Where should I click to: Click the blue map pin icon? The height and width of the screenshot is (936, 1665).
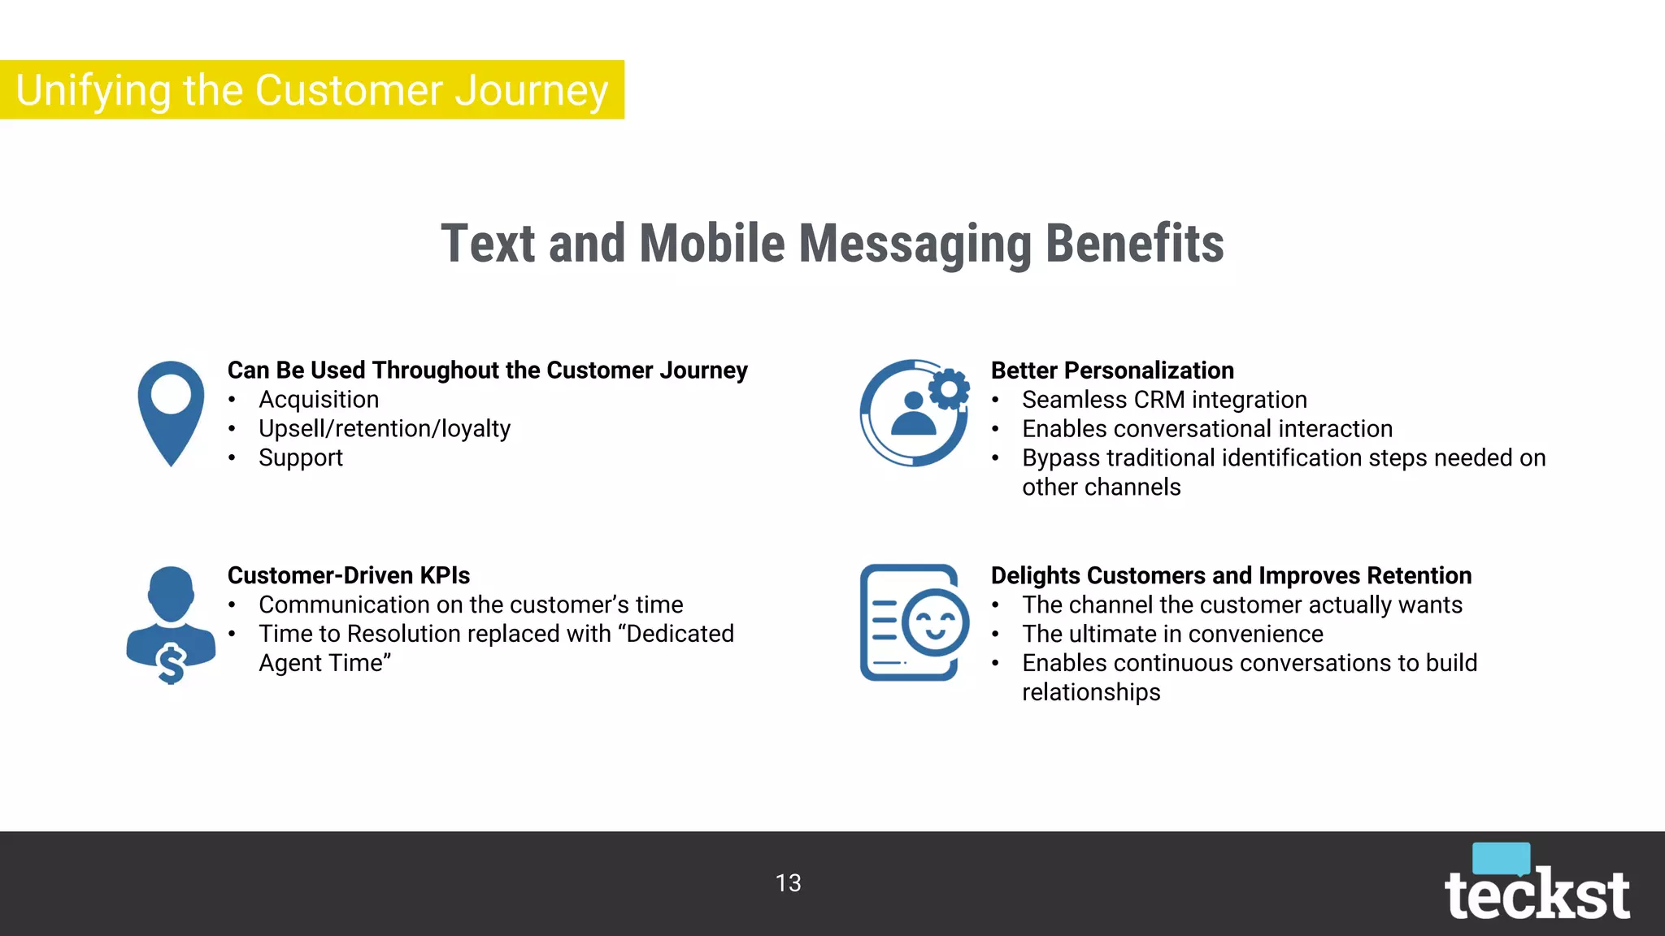tap(171, 411)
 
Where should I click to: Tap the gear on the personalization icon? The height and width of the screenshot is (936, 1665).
tap(949, 390)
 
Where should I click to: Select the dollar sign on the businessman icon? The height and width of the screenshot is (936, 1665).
tap(172, 663)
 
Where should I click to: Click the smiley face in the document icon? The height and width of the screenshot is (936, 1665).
tap(935, 623)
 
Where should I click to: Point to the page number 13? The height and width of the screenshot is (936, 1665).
tap(788, 883)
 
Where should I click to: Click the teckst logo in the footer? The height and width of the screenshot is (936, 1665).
tap(1537, 894)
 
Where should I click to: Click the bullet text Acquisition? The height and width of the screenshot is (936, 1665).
tap(319, 400)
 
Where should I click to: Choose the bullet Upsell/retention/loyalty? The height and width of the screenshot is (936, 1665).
tap(385, 429)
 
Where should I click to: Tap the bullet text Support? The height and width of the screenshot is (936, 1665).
tap(301, 458)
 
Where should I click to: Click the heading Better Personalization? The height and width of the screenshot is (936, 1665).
tap(1111, 370)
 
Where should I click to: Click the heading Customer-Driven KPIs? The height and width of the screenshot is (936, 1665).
tap(348, 575)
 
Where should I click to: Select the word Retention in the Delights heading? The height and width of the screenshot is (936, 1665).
tap(1419, 575)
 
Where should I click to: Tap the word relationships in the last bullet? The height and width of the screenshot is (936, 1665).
tap(1091, 692)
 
